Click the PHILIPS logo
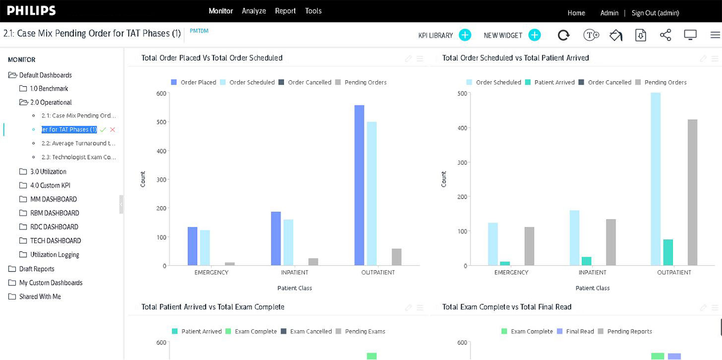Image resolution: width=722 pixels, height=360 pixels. [x=31, y=11]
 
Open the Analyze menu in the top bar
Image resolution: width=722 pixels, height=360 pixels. [x=254, y=11]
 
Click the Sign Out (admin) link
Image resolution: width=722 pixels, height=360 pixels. [x=655, y=13]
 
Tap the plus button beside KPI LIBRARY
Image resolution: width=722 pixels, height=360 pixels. [x=465, y=35]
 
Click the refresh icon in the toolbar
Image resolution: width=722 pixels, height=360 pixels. [x=564, y=35]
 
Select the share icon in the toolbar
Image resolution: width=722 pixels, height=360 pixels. [x=665, y=35]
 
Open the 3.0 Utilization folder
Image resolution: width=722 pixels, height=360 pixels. [x=48, y=171]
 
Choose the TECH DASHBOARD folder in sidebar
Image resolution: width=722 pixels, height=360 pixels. [x=55, y=240]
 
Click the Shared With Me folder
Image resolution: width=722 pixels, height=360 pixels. [x=40, y=296]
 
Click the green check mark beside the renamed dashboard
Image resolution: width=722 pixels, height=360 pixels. [x=103, y=130]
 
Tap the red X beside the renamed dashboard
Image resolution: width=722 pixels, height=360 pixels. [x=113, y=130]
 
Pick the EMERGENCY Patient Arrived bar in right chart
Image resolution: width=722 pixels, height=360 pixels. [x=505, y=263]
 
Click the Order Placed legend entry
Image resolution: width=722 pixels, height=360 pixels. [x=194, y=82]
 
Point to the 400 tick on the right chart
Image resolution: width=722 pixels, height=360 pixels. [x=462, y=128]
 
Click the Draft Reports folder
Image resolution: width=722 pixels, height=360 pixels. [x=37, y=269]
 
